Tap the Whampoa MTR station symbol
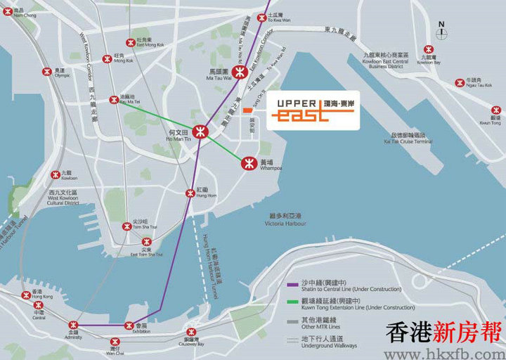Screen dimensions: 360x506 click(x=247, y=163)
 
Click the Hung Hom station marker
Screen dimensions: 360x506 click(x=190, y=193)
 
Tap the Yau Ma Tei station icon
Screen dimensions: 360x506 click(x=114, y=101)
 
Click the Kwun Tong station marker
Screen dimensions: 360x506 click(x=496, y=110)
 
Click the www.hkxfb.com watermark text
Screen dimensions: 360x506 click(x=441, y=350)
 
